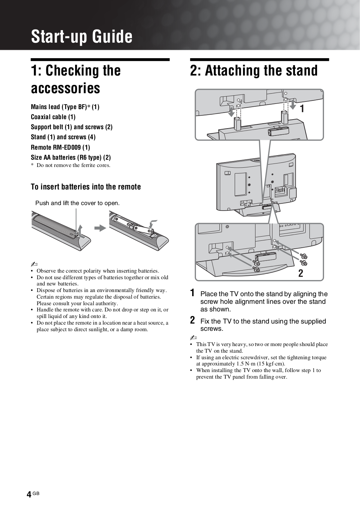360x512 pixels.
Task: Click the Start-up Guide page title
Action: click(x=82, y=36)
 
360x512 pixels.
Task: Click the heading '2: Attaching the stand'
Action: click(x=254, y=70)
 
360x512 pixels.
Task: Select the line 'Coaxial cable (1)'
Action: click(x=53, y=117)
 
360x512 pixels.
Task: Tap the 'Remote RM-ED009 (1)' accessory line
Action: click(x=60, y=147)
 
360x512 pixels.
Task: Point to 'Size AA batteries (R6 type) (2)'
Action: click(x=71, y=157)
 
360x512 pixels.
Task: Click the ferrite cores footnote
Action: click(x=71, y=165)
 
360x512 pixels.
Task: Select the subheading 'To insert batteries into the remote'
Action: click(x=86, y=187)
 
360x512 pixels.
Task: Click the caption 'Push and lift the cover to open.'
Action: click(x=77, y=203)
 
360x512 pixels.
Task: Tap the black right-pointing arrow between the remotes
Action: click(x=100, y=228)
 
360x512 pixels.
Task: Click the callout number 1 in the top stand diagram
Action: click(x=302, y=109)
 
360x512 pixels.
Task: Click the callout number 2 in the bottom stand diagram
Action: click(x=300, y=273)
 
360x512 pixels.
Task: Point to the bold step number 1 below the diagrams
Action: click(x=192, y=293)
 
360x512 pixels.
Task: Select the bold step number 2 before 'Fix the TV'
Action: click(x=192, y=320)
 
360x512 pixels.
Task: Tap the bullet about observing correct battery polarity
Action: click(x=98, y=271)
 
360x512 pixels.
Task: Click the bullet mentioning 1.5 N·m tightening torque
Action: click(x=261, y=361)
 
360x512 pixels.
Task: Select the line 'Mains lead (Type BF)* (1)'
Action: click(x=65, y=107)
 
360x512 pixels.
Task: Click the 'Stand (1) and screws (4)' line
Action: click(x=63, y=137)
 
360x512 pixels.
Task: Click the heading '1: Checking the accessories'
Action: click(x=76, y=79)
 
